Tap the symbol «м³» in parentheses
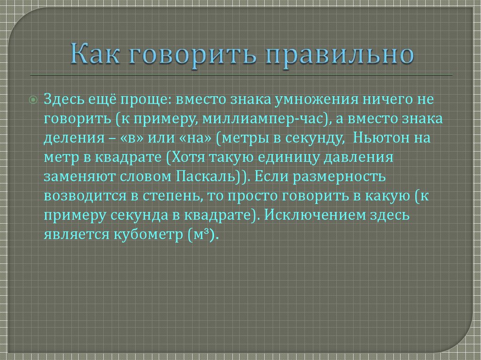201,235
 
